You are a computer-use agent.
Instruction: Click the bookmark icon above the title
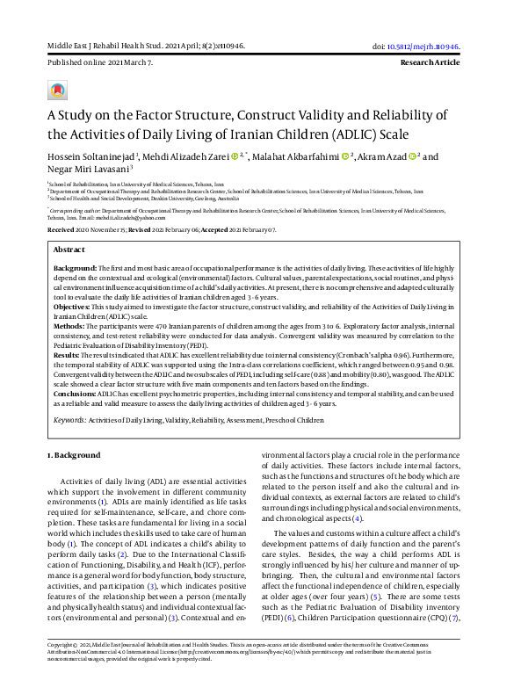pos(57,90)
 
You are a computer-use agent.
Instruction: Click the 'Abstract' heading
pos(70,250)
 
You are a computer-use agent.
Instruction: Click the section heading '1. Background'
pos(74,454)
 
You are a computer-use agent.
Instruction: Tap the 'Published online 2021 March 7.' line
pos(99,64)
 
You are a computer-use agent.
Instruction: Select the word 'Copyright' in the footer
pos(62,669)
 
